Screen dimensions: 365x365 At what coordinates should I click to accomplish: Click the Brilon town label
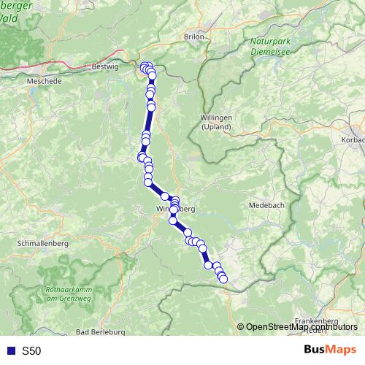[x=193, y=36]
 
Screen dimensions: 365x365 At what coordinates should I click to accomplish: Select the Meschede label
[x=44, y=82]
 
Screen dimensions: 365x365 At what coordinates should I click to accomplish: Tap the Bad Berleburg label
[x=100, y=332]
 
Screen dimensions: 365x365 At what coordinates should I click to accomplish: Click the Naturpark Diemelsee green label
[x=269, y=46]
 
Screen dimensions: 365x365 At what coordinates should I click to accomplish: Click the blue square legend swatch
[x=10, y=351]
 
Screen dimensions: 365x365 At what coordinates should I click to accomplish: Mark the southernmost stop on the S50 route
[x=223, y=278]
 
